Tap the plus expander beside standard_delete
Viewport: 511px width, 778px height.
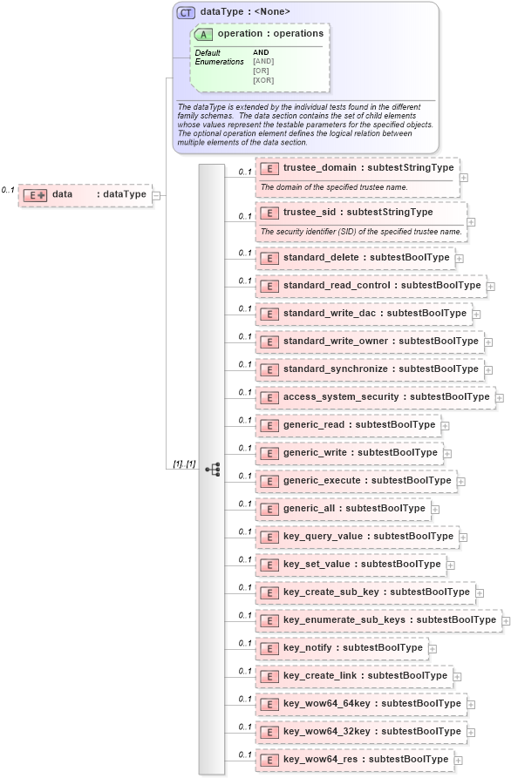[459, 258]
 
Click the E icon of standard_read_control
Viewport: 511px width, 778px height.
[269, 286]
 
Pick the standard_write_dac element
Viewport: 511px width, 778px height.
[362, 313]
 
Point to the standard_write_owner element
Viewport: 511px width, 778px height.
[368, 341]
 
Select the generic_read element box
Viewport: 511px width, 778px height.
[347, 424]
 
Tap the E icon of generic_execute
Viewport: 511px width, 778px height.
[269, 480]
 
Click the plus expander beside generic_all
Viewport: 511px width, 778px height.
[435, 509]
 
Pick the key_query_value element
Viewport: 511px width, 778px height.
[356, 536]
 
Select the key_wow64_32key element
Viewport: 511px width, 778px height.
[359, 731]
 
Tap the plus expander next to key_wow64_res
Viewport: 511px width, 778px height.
[458, 760]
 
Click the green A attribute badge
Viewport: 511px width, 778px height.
[204, 35]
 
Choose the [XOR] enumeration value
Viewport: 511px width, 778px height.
[263, 80]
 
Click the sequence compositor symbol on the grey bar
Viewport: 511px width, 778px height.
[212, 469]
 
